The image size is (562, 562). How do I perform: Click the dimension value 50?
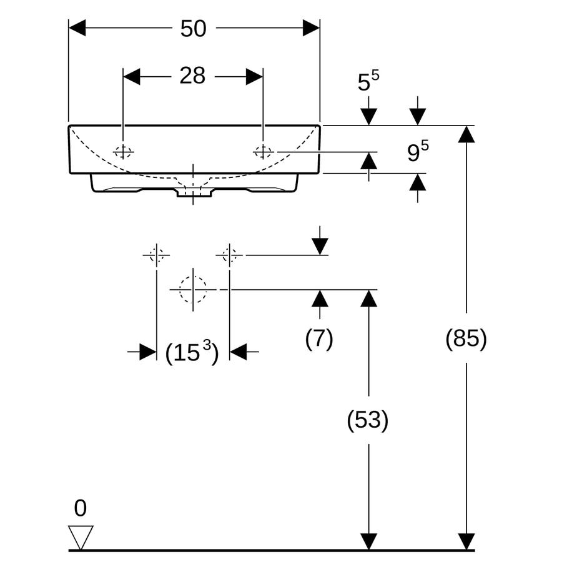[x=193, y=29]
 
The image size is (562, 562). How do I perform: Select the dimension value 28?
[x=192, y=76]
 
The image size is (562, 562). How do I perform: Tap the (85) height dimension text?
[x=466, y=338]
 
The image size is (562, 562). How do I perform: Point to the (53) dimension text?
[x=368, y=420]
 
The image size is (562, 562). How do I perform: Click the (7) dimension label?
[x=319, y=338]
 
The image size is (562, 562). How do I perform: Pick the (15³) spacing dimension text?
[x=192, y=352]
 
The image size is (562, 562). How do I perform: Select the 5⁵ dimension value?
[x=368, y=81]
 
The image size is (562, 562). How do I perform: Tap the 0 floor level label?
[x=81, y=508]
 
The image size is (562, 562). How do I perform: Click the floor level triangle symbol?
[x=81, y=537]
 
